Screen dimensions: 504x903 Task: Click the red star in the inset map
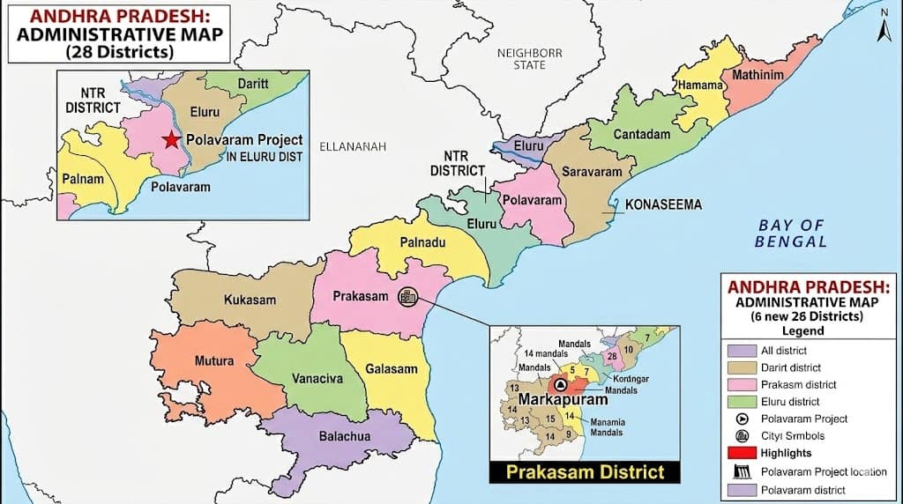(171, 140)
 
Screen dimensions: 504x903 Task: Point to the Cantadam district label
(641, 134)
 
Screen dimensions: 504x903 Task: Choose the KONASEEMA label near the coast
(663, 204)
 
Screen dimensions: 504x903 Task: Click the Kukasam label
(249, 300)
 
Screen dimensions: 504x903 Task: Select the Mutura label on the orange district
(214, 360)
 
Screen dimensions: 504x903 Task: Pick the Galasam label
(391, 368)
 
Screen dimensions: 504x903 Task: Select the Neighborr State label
(529, 59)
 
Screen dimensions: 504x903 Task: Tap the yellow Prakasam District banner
(584, 471)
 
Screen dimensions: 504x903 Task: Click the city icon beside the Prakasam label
(408, 297)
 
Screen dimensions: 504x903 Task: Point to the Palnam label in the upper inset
(82, 179)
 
